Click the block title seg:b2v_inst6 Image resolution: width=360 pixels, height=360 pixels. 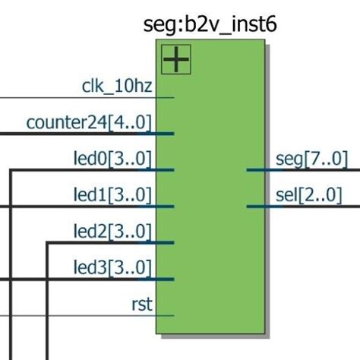(x=210, y=24)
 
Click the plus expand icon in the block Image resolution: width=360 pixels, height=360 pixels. (x=175, y=59)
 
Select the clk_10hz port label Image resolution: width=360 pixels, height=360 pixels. (x=116, y=86)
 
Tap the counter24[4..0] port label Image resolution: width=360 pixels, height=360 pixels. (x=89, y=122)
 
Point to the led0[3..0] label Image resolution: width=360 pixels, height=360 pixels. (x=112, y=159)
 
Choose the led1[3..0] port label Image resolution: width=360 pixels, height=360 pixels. (x=112, y=195)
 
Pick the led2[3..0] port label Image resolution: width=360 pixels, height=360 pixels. (x=112, y=231)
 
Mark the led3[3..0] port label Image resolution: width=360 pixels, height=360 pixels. (x=112, y=267)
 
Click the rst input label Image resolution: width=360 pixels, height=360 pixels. (x=141, y=305)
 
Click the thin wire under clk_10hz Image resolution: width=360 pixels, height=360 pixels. (x=76, y=97)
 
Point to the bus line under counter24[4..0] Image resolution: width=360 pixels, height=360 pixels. (x=76, y=134)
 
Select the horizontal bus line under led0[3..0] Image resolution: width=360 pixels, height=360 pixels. (x=91, y=170)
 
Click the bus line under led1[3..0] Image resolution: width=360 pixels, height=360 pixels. (x=76, y=207)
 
